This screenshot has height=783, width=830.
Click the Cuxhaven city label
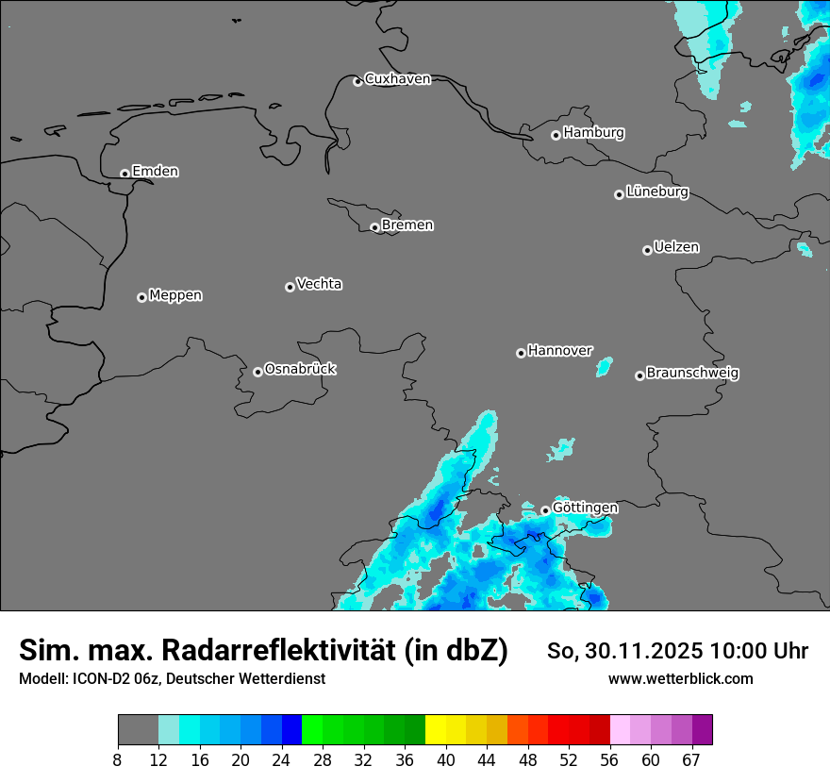point(397,79)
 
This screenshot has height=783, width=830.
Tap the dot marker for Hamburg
point(556,135)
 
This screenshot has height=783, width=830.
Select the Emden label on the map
point(155,172)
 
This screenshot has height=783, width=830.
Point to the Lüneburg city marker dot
point(619,194)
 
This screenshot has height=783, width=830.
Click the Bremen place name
point(407,225)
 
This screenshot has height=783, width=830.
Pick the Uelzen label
point(676,247)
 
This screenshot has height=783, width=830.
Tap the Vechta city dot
point(290,287)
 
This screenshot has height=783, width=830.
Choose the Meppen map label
point(175,295)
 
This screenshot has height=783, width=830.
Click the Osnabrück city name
point(300,369)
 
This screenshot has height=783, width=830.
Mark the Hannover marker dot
point(521,353)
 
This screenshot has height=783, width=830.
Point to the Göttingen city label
point(585,508)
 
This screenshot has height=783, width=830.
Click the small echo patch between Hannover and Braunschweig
point(604,366)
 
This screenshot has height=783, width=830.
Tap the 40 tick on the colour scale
point(446,760)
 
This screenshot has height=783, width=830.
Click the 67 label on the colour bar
point(691,760)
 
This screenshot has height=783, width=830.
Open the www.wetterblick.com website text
point(680,678)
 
